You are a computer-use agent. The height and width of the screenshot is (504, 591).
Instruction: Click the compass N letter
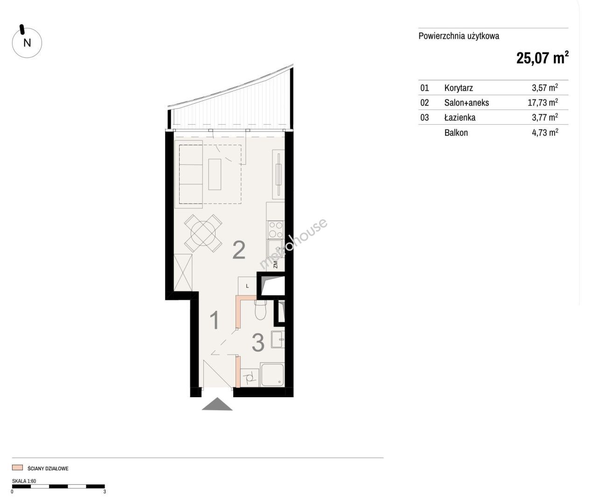tap(27, 43)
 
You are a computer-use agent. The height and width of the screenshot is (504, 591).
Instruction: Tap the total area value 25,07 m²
tap(542, 58)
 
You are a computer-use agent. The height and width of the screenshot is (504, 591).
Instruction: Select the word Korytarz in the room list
tap(459, 88)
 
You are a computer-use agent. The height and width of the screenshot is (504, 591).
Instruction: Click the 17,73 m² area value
tap(542, 102)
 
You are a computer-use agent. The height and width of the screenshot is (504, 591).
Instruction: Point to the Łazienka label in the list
tap(460, 117)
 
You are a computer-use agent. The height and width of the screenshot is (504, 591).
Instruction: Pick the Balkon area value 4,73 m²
tap(545, 133)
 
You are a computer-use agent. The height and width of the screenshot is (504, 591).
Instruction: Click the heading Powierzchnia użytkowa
tap(459, 36)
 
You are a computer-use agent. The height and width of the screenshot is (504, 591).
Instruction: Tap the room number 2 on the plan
tap(239, 250)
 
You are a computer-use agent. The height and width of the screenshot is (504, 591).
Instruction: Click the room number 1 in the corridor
tap(215, 320)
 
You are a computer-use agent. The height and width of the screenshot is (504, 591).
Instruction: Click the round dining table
tap(203, 233)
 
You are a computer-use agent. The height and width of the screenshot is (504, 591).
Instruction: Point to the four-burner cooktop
tap(276, 230)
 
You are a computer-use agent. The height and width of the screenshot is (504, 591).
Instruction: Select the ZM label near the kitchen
tap(275, 264)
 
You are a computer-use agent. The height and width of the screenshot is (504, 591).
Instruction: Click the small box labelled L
tap(247, 286)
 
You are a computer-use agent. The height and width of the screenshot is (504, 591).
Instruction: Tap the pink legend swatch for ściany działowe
tap(17, 468)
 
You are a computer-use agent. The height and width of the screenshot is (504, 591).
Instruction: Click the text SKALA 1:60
tap(24, 481)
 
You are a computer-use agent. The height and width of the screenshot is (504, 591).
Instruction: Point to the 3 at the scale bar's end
tap(104, 492)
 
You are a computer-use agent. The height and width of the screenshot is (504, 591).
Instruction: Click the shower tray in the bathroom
tap(272, 375)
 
